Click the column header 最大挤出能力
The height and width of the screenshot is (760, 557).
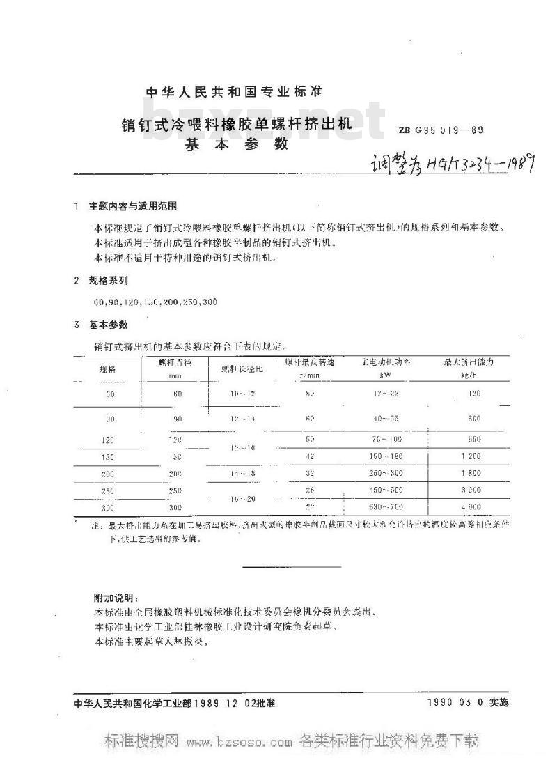[469, 362]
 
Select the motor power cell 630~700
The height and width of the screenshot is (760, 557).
[387, 506]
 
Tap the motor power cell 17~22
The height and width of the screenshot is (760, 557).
[387, 394]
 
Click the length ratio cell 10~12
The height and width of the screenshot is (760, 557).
[244, 394]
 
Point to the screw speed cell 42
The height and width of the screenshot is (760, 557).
[310, 456]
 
